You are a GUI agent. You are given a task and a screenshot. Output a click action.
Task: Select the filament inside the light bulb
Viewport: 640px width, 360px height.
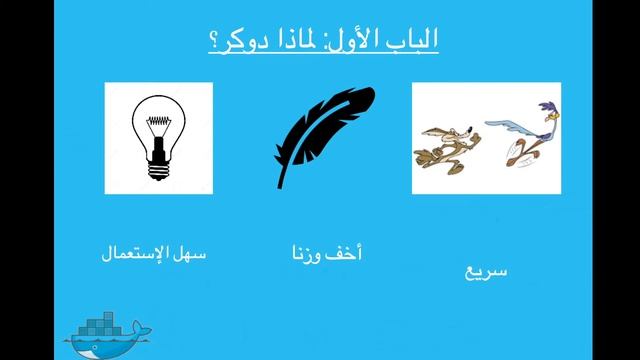point(159,125)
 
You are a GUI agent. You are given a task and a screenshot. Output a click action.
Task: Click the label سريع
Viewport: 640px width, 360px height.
point(487,270)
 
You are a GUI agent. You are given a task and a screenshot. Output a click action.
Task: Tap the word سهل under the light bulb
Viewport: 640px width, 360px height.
point(190,255)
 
